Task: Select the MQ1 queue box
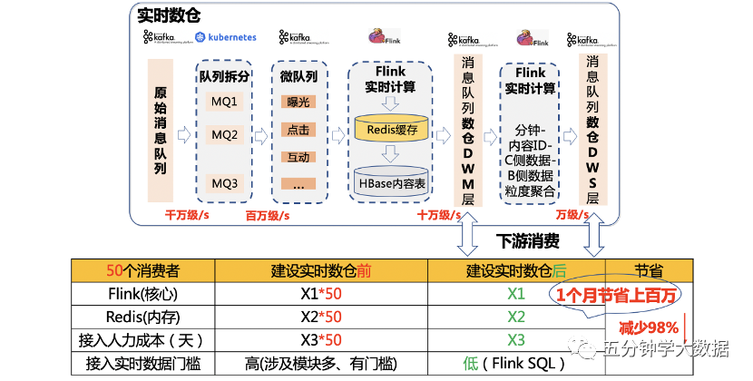pos(224,102)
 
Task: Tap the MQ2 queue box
pos(224,135)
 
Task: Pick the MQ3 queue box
pos(224,182)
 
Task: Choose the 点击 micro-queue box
pos(298,131)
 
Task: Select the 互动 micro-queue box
pos(298,157)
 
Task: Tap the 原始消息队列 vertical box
pos(160,131)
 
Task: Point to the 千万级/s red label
pos(188,216)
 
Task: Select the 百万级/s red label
pos(268,216)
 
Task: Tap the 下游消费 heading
pos(527,241)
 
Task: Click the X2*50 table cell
pos(321,317)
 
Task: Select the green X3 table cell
pos(516,339)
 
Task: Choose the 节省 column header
pos(648,270)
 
